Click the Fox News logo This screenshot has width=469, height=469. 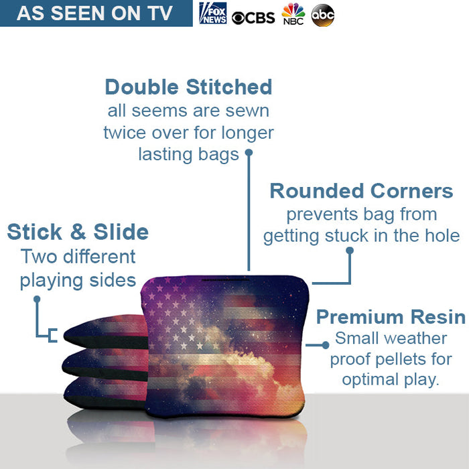pyautogui.click(x=213, y=13)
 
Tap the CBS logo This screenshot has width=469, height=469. pyautogui.click(x=253, y=16)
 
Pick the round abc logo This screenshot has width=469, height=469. pyautogui.click(x=322, y=15)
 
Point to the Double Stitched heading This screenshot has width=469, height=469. pyautogui.click(x=188, y=87)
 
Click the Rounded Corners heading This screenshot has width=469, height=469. pyautogui.click(x=361, y=191)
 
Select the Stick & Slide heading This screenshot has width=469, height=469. pyautogui.click(x=78, y=232)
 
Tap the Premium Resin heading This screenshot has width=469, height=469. pyautogui.click(x=391, y=317)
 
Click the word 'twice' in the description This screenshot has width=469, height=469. pyautogui.click(x=123, y=133)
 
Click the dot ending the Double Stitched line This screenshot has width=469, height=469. pyautogui.click(x=249, y=153)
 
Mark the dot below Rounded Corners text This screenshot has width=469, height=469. pyautogui.click(x=349, y=251)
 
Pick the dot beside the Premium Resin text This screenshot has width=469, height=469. pyautogui.click(x=326, y=345)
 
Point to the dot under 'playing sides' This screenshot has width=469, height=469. pyautogui.click(x=38, y=299)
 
